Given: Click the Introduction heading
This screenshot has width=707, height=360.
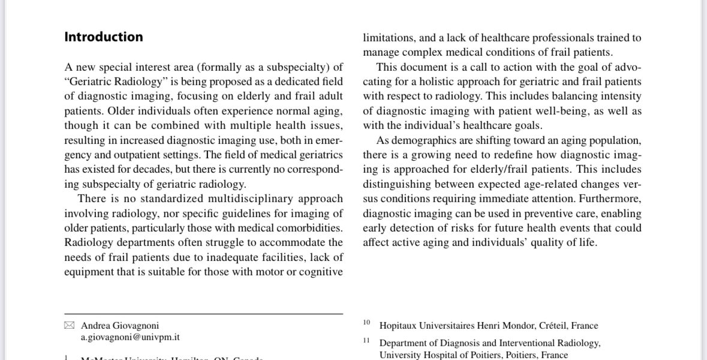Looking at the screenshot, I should click(x=104, y=37).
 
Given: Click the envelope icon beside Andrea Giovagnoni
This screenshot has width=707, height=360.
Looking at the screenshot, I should click(x=70, y=326).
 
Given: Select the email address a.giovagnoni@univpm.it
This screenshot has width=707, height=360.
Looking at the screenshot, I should click(x=131, y=338).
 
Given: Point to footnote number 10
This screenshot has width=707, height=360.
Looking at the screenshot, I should click(x=366, y=323).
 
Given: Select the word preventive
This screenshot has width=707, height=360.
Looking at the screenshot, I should click(x=521, y=214).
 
